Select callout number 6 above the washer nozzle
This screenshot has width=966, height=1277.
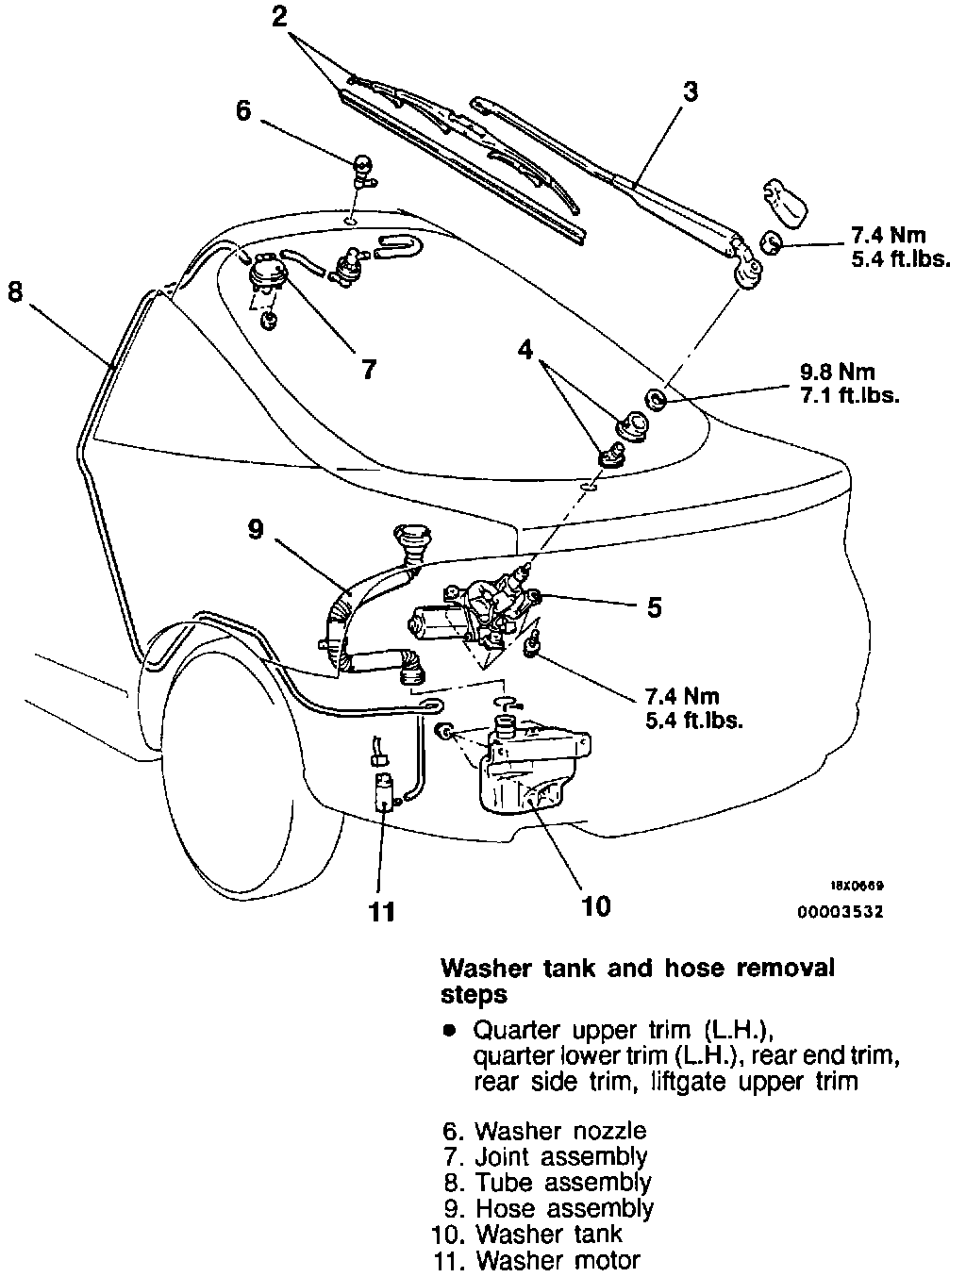pos(244,110)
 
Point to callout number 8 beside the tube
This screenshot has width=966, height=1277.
pos(14,291)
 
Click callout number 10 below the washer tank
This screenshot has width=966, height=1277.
pos(596,906)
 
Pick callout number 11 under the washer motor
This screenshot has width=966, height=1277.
pos(381,911)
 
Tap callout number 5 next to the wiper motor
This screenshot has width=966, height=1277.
pos(654,606)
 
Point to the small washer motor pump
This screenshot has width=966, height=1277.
pos(385,790)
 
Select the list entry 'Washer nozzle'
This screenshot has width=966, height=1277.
pos(560,1130)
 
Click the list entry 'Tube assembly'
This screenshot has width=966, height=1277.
pos(563,1182)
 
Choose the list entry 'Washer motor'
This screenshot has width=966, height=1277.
pos(558,1260)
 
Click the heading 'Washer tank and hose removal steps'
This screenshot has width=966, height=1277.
pos(638,980)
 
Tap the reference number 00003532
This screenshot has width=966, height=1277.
pos(841,913)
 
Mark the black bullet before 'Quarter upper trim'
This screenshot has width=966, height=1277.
pos(450,1029)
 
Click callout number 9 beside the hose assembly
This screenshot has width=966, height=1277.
pos(255,530)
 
